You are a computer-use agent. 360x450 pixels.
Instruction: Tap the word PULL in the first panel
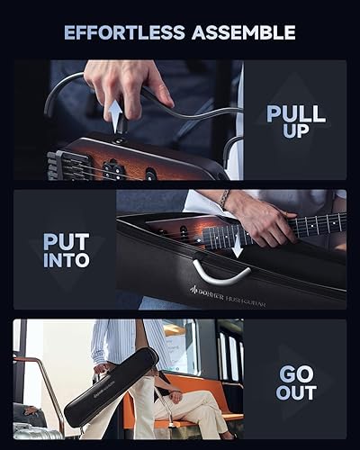[295, 113]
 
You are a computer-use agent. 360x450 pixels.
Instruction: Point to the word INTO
[66, 261]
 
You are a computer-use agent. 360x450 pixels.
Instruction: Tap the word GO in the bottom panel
[296, 372]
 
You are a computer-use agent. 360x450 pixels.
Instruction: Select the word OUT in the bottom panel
[296, 392]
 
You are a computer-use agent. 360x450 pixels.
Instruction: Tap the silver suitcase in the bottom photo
[36, 430]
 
